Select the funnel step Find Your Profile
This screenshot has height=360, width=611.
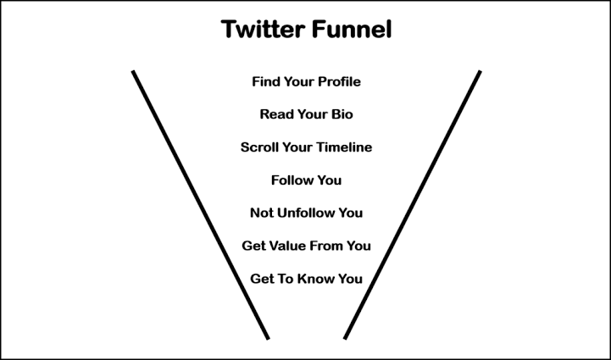point(306,82)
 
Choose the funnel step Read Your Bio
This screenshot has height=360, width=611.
point(306,114)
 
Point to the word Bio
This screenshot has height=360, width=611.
point(341,114)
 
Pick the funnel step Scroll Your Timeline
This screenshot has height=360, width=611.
point(306,147)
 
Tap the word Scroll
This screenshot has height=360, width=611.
point(259,147)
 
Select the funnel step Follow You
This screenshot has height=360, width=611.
point(306,180)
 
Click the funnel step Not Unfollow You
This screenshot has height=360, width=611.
point(306,213)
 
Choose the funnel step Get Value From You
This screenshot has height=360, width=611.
point(306,246)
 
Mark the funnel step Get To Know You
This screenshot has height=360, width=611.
point(306,279)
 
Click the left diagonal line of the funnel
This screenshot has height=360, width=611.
point(200,204)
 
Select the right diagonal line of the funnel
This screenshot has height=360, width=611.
point(413,204)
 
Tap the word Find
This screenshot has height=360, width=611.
point(266,82)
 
